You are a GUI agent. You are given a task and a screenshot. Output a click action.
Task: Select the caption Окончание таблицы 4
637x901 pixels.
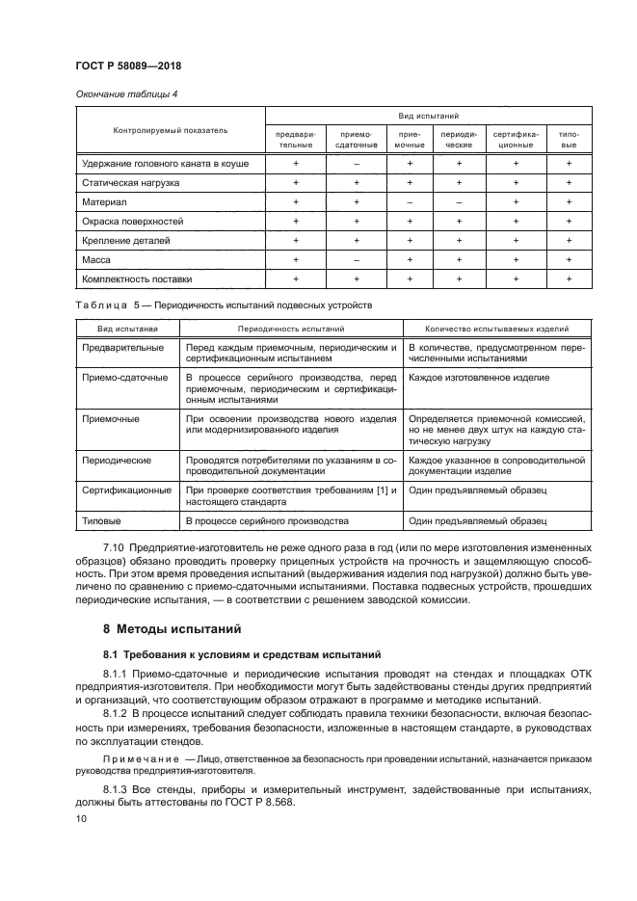tap(125, 93)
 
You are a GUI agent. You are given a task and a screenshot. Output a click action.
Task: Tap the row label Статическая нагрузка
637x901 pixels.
tap(130, 182)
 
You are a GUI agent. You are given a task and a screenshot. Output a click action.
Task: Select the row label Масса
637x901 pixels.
tap(98, 259)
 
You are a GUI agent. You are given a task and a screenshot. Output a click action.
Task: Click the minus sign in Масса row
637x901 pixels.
tap(356, 259)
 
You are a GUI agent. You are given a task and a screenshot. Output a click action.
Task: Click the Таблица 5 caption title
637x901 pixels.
tap(223, 305)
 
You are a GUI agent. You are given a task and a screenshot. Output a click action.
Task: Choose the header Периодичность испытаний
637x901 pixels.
tap(290, 328)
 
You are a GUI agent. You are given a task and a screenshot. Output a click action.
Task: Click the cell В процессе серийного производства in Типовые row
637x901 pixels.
tap(267, 520)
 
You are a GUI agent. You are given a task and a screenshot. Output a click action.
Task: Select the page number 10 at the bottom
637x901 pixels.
tap(81, 818)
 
